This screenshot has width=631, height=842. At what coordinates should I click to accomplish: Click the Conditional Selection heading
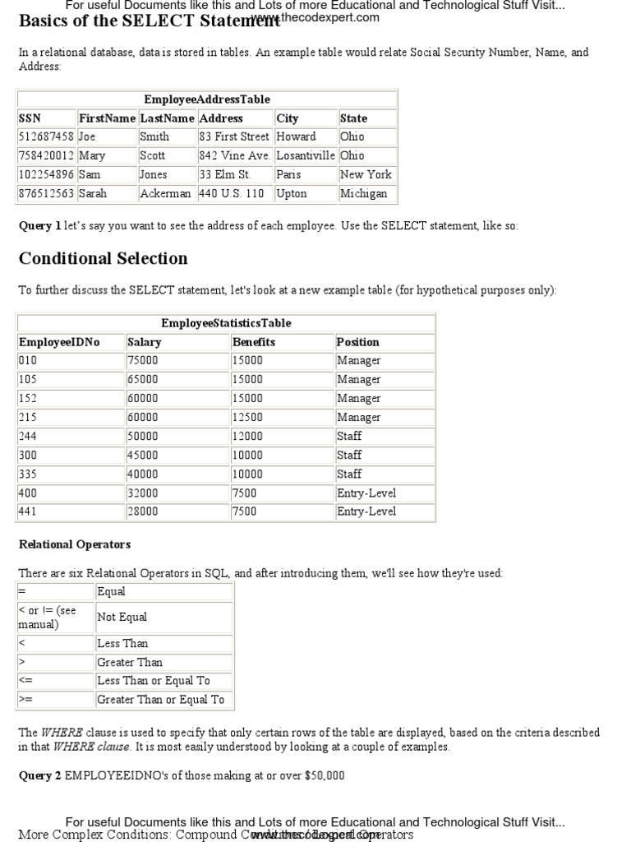103,258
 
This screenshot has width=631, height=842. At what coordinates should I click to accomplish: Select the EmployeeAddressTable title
206,99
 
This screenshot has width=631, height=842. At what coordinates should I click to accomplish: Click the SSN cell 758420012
46,155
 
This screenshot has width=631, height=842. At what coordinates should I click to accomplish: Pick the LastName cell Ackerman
165,193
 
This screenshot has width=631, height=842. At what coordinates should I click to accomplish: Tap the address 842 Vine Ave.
234,155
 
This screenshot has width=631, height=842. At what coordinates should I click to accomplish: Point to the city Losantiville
306,155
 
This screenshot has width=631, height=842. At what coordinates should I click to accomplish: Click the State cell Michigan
363,193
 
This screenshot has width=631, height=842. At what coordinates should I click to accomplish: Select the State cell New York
366,174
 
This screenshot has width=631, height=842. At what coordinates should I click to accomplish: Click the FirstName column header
107,118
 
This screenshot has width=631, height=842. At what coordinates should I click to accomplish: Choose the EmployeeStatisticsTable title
226,323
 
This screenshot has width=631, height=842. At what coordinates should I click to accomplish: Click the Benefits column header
254,342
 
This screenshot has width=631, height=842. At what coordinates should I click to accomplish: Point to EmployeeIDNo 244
28,436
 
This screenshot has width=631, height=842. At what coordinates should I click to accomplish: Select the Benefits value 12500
248,417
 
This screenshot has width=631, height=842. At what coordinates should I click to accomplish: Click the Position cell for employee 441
366,511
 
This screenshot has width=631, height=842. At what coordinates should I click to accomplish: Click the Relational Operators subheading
75,544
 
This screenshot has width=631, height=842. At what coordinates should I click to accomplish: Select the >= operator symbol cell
25,700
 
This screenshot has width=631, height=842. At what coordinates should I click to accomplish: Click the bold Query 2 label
40,775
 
